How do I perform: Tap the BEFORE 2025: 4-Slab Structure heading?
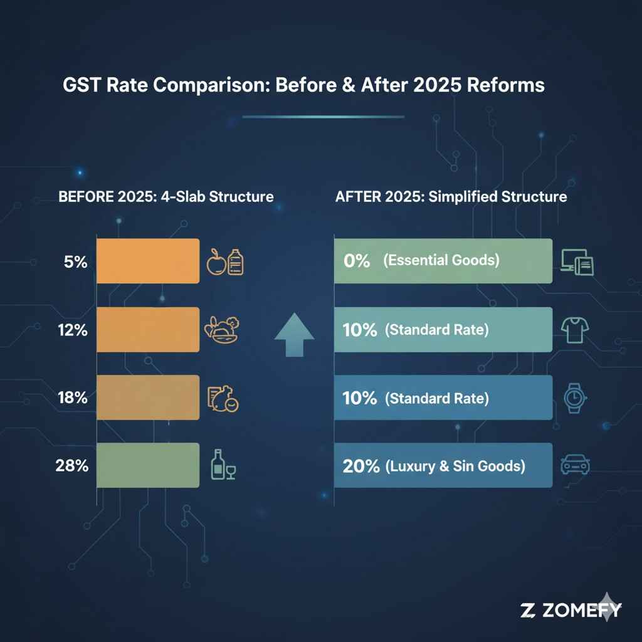click(166, 196)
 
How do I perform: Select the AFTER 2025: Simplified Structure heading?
click(451, 196)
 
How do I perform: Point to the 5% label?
click(75, 262)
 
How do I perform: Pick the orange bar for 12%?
click(147, 330)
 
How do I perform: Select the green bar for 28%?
click(147, 465)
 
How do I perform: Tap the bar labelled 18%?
click(147, 397)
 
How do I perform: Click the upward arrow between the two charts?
click(295, 335)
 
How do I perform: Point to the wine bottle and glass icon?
click(222, 465)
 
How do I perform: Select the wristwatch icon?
click(573, 398)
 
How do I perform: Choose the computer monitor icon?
click(576, 263)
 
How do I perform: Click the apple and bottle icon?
click(224, 262)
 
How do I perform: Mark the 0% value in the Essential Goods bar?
click(357, 261)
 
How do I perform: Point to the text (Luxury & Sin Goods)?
click(454, 466)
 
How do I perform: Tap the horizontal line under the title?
click(323, 116)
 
